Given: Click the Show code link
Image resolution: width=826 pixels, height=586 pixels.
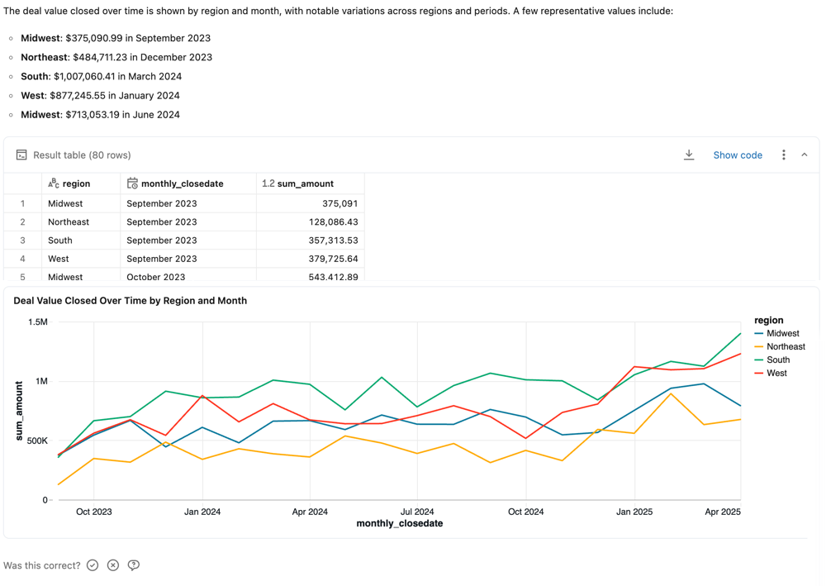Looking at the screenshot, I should [x=737, y=155].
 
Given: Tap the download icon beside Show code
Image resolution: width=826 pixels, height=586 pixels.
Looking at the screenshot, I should [x=689, y=155].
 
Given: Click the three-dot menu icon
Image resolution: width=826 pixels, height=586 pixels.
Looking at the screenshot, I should [x=783, y=155].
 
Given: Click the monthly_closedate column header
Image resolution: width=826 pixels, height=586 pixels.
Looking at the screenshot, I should [x=182, y=183].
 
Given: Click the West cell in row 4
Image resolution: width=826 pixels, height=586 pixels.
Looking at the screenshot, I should [x=59, y=259].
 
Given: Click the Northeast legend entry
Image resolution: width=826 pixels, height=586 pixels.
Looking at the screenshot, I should [x=785, y=347].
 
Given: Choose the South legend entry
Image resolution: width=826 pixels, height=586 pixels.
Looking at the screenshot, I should [x=777, y=360].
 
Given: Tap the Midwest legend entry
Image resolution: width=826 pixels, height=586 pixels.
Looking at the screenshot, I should [x=782, y=334].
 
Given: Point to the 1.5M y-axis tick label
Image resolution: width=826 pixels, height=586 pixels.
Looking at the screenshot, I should [x=38, y=322].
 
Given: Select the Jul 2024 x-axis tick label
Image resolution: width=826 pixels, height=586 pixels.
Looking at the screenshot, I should [x=417, y=512].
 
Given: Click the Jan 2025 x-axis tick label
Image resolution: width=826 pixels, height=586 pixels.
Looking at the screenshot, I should [x=634, y=512].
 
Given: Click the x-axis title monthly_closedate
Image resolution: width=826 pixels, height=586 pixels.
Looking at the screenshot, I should [x=400, y=523].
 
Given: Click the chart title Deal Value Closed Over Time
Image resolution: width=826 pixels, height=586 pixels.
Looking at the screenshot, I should [x=131, y=301].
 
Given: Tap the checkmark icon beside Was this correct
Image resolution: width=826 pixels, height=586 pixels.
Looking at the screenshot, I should [x=93, y=565].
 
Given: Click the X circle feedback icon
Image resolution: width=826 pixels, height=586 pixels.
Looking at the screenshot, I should [x=113, y=565].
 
